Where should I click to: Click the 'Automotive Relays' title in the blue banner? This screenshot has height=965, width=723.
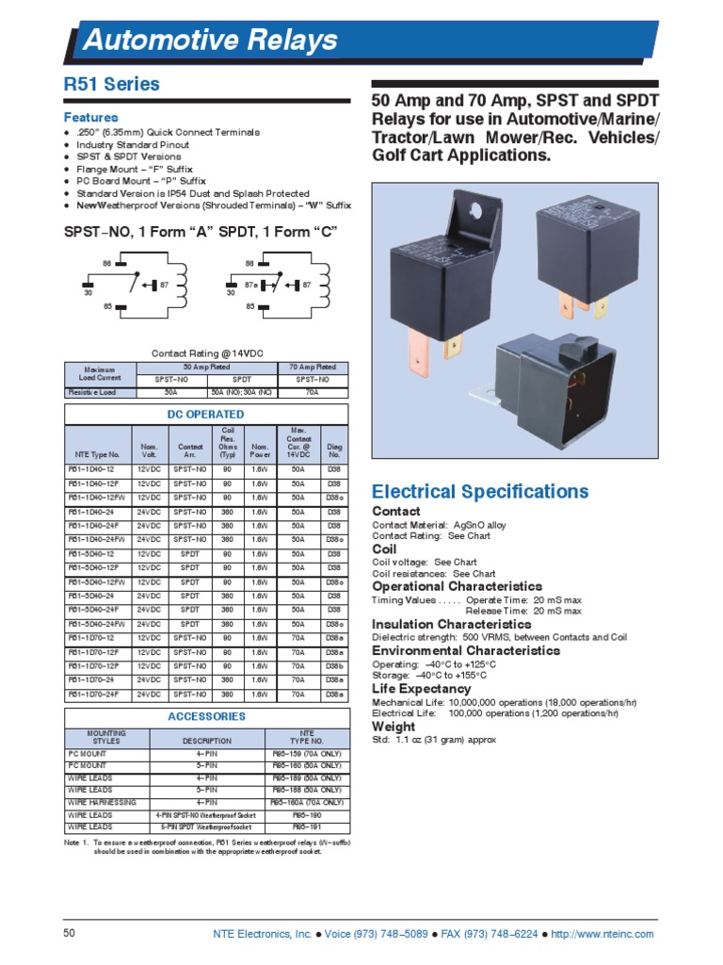(210, 41)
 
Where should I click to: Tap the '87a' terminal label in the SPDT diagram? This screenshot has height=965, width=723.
(250, 284)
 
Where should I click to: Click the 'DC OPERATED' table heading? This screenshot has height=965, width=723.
(206, 414)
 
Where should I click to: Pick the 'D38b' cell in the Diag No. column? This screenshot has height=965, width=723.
(334, 666)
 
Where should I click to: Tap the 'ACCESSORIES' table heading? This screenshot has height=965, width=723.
(206, 716)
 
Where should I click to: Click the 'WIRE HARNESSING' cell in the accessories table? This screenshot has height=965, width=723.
(102, 802)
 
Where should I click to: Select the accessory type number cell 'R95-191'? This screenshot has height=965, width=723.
(307, 826)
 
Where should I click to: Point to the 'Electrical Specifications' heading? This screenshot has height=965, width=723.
(480, 492)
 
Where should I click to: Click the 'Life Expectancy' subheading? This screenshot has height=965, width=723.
(422, 689)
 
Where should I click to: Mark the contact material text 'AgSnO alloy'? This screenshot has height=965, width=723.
(478, 524)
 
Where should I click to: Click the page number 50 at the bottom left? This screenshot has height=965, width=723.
(69, 934)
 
